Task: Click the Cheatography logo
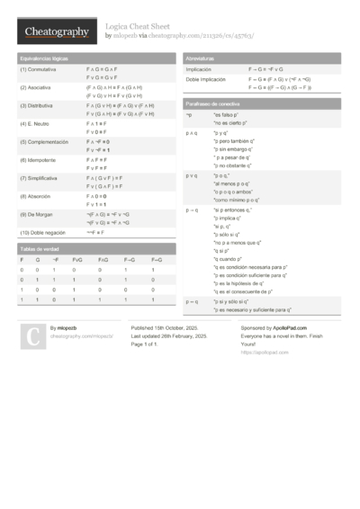pyautogui.click(x=56, y=32)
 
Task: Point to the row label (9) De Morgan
pyautogui.click(x=37, y=214)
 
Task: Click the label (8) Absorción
pyautogui.click(x=37, y=195)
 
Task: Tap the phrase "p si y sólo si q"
pyautogui.click(x=234, y=301)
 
